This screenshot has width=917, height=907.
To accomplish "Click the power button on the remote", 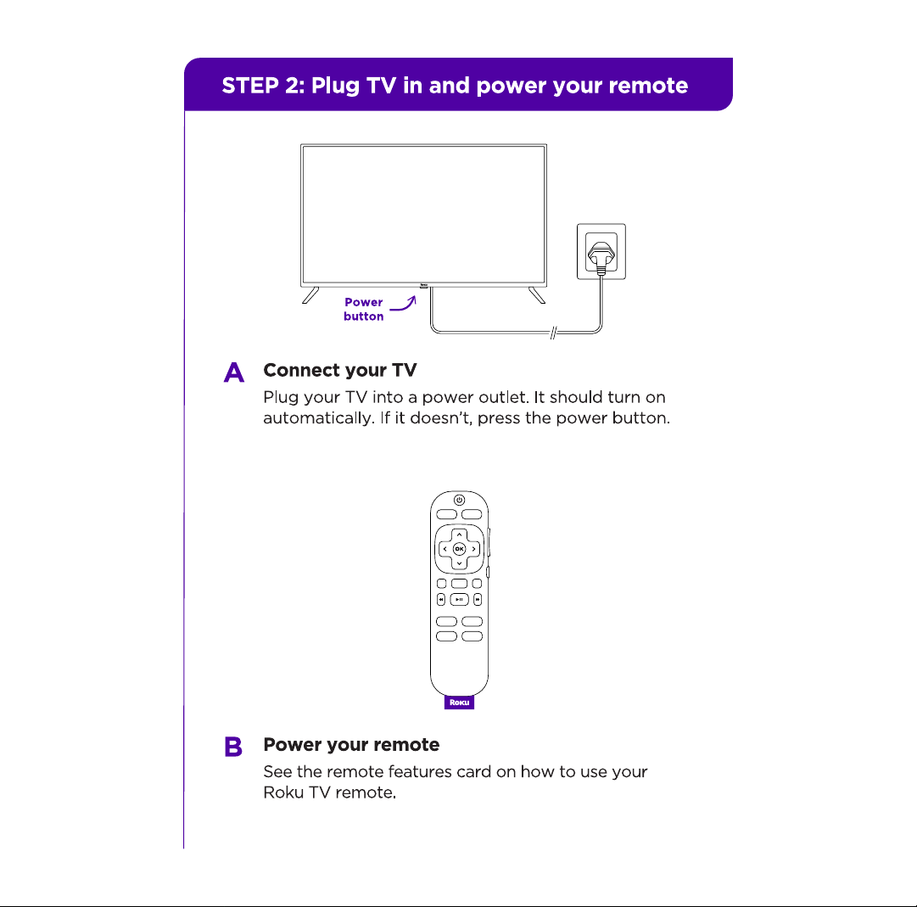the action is [x=459, y=500].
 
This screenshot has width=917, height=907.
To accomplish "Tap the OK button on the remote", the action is [x=459, y=549].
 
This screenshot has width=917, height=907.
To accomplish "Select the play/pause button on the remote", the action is [x=459, y=599].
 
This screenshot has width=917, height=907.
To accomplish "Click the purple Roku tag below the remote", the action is [x=459, y=702].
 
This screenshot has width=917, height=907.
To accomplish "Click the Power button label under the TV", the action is [x=364, y=310].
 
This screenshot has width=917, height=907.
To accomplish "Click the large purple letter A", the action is [x=234, y=372].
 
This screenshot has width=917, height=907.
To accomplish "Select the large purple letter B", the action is [x=233, y=746].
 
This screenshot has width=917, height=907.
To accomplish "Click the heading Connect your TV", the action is [x=340, y=370].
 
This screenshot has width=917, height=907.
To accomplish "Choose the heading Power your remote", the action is [x=351, y=744].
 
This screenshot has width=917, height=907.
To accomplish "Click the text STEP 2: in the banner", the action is [x=263, y=86].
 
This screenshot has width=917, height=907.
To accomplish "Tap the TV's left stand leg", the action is [x=310, y=295].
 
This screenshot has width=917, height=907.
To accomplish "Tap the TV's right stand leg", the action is [x=537, y=295].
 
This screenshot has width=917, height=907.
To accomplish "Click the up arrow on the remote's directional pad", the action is [x=460, y=535].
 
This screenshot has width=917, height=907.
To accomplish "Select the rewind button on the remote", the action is [x=441, y=599].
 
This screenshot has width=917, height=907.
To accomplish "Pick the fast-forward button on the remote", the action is [x=478, y=599].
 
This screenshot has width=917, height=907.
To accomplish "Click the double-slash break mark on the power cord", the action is [x=553, y=333].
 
